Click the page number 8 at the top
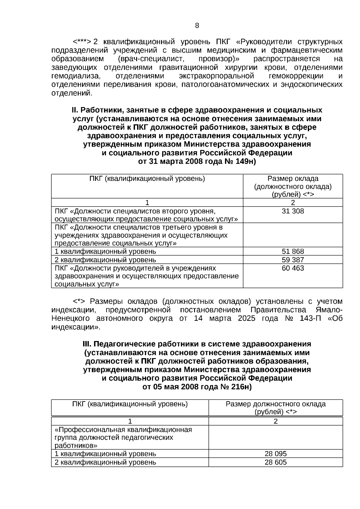click(197, 26)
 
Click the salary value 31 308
click(293, 211)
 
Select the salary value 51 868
click(293, 251)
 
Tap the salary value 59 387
click(293, 260)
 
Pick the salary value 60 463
click(293, 268)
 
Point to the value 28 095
click(275, 454)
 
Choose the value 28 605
click(275, 462)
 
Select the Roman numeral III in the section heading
click(87, 344)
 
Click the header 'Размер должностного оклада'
click(275, 404)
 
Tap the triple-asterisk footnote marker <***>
click(82, 41)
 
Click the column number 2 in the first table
click(293, 202)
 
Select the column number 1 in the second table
click(130, 421)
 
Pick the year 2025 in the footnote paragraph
click(246, 318)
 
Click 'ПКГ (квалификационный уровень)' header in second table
click(130, 404)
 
